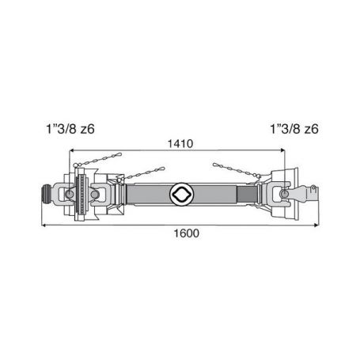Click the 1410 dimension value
180,144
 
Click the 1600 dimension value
187,233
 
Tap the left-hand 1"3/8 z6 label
70,129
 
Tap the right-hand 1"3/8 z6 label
294,129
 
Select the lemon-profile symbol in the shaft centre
182,194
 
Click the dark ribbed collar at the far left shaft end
47,194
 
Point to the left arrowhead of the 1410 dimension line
71,150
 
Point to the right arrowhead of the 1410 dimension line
282,150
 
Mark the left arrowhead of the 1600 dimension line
44,225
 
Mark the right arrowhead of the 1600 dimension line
316,225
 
